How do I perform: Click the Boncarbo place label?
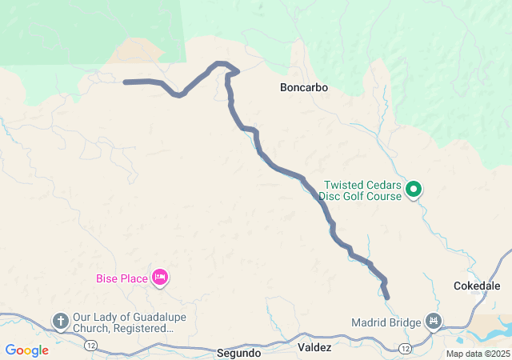304,87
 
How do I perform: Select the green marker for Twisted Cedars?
414,190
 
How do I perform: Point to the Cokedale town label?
477,285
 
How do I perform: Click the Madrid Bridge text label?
386,322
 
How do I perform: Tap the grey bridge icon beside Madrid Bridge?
434,322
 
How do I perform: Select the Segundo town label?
238,352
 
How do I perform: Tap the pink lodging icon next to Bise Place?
159,278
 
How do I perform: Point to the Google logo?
27,350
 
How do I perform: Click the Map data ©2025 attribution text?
477,354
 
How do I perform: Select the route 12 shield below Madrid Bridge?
406,349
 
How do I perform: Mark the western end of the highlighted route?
126,82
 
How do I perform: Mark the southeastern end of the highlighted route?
388,298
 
